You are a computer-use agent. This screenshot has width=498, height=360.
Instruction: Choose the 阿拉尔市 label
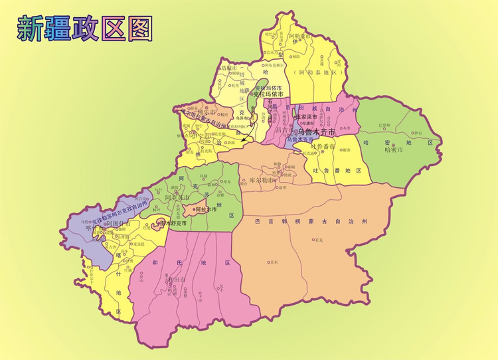[x=204, y=209]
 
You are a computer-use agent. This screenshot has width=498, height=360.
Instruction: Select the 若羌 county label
[x=319, y=238]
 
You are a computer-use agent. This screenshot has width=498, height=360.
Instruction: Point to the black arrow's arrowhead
[x=243, y=142]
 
